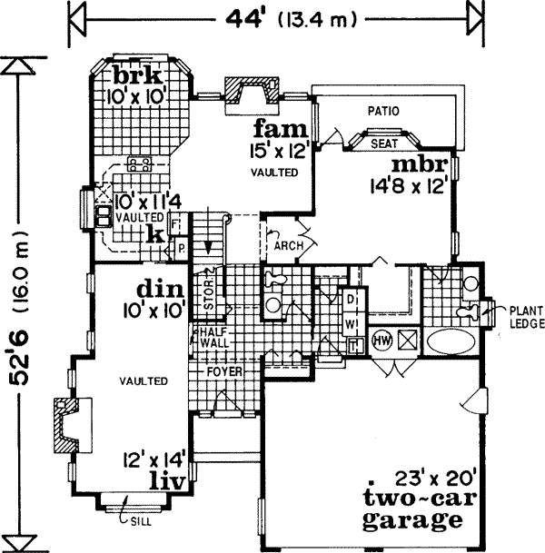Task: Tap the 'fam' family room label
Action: tap(273, 126)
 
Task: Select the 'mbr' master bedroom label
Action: tap(418, 166)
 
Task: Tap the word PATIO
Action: tap(384, 111)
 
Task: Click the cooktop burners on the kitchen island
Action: tap(140, 164)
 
